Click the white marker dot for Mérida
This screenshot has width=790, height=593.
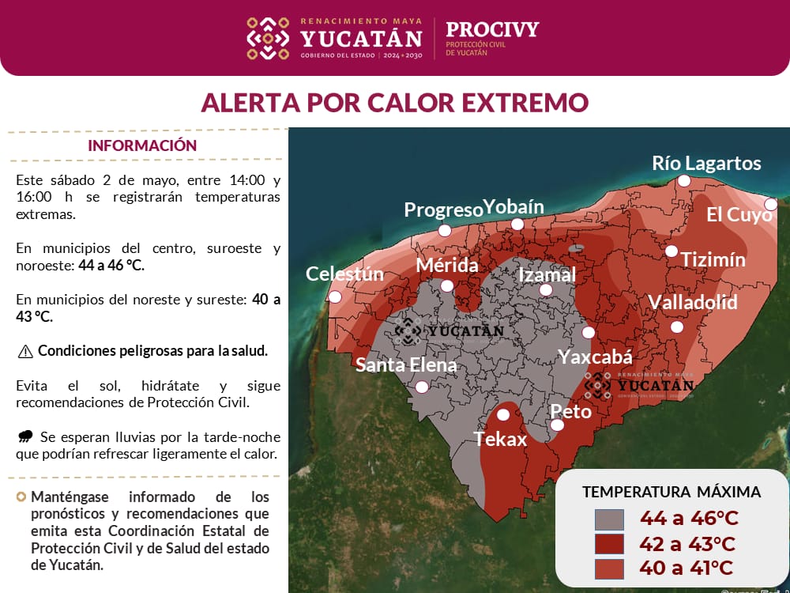pos(447,286)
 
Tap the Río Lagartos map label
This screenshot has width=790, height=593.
pos(706,163)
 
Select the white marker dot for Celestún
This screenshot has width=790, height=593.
pos(335,297)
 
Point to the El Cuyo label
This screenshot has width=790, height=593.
pos(739,214)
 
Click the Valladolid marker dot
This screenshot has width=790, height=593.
pos(676,327)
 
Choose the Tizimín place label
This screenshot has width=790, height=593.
pos(713,259)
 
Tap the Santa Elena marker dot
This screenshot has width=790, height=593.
pos(422,387)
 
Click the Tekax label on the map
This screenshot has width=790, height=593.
pos(500,439)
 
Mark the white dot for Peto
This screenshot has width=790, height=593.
pos(557,425)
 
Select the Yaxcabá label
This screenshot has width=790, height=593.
pos(596,357)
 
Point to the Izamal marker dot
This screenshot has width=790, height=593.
pos(545,289)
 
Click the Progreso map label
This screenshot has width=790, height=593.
pos(443,210)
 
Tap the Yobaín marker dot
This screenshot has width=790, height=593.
pos(517,225)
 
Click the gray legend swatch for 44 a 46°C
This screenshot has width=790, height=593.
pos(609,519)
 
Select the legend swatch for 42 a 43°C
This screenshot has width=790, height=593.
pos(609,544)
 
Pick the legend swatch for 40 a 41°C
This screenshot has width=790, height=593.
pos(609,568)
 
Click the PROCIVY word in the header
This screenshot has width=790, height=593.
pos(492,30)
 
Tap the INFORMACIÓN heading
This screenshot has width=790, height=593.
pos(142,145)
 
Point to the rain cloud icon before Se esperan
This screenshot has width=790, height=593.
pos(25,436)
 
